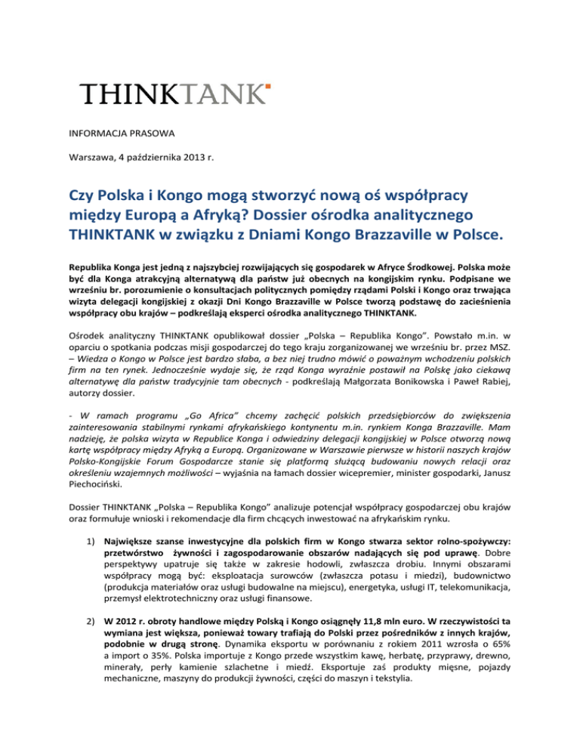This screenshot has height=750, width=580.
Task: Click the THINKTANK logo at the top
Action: coord(176,94)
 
